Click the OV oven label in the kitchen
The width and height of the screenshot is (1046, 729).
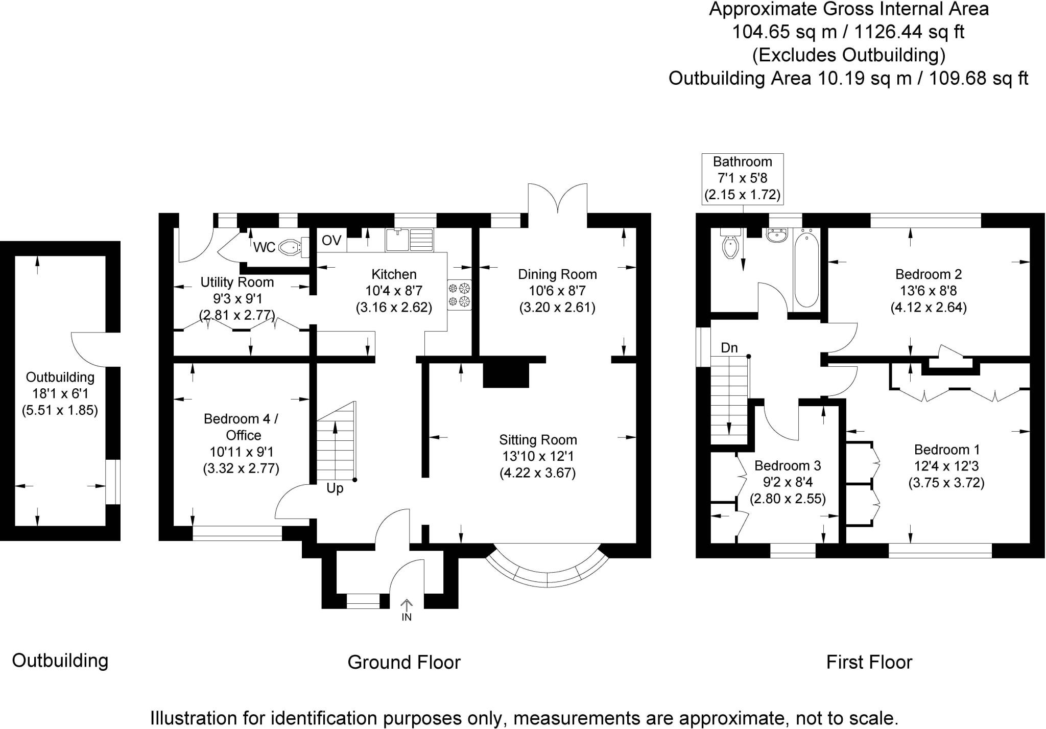[x=331, y=241]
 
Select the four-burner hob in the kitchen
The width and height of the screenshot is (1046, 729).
[x=459, y=295]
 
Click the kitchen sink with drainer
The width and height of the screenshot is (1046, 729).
[x=409, y=240]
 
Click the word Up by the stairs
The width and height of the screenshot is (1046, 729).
[x=335, y=488]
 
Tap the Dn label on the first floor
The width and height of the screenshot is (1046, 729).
[x=729, y=348]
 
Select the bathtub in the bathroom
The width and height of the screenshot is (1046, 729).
[x=806, y=268]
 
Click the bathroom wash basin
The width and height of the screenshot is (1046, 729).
[x=778, y=237]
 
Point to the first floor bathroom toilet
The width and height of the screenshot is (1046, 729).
[x=730, y=247]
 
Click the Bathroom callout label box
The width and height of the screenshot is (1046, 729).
[x=742, y=178]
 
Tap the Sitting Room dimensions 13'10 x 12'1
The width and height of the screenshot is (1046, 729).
[x=538, y=456]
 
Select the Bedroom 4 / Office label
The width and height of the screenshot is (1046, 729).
[x=241, y=427]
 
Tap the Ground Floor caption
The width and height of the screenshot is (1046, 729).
[x=403, y=662]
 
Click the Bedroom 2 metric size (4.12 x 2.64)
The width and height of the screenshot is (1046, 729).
[x=928, y=308]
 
